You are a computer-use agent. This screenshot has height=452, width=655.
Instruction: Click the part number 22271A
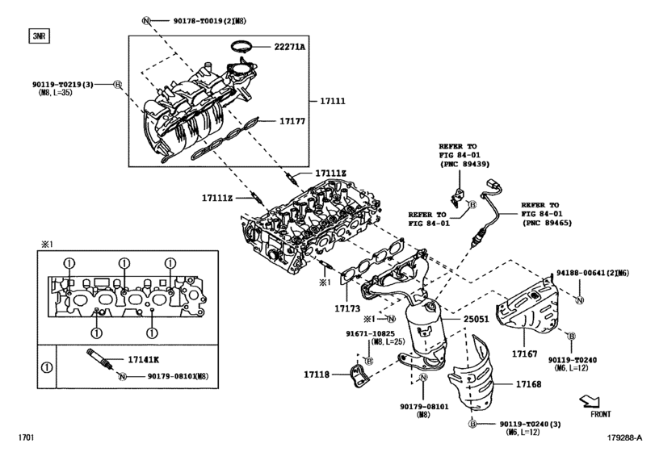288,48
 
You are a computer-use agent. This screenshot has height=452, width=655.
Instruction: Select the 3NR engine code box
37,36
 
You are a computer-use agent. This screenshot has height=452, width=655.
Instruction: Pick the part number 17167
524,354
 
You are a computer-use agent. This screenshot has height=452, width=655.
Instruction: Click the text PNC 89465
547,222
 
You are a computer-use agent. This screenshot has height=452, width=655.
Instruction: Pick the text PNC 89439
464,164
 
